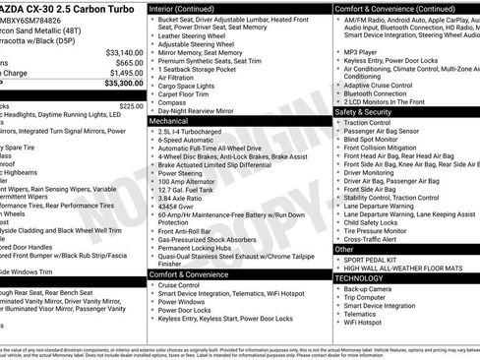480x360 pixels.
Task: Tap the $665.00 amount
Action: tap(128, 62)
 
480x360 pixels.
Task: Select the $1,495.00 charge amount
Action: tap(125, 73)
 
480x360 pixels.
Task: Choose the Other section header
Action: tap(345, 250)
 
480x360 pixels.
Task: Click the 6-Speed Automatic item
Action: tap(190, 140)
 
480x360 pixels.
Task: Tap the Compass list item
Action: tap(174, 100)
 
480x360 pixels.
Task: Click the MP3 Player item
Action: tap(365, 49)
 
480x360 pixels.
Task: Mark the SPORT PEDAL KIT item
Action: tap(374, 260)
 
